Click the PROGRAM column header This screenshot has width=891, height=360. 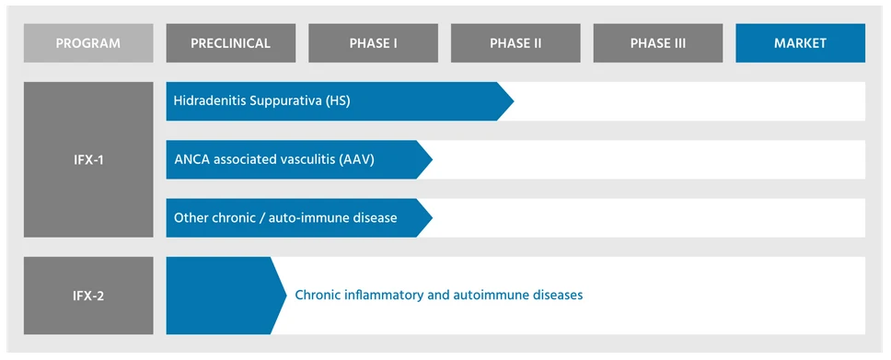click(88, 43)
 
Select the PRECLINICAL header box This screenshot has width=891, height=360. click(231, 43)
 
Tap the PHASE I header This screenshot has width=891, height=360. click(374, 43)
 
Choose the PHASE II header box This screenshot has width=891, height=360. click(515, 43)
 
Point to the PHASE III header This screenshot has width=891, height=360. click(658, 43)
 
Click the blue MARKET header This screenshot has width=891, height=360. click(800, 43)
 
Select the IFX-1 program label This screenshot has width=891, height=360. click(88, 160)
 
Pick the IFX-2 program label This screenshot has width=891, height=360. click(88, 296)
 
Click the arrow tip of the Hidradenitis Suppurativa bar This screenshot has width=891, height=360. click(514, 101)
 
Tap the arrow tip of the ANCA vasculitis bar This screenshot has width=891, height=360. click(432, 160)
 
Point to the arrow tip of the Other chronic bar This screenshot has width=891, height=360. click(432, 218)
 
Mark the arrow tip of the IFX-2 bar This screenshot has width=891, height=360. click(286, 296)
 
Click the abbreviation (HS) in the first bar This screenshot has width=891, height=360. click(339, 102)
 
